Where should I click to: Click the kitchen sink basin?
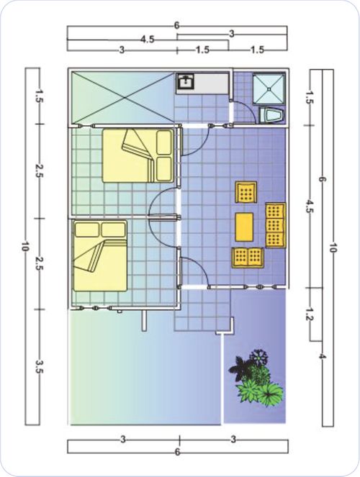tap(185, 81)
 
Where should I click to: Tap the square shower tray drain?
tap(269, 88)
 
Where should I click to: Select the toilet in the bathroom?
tap(271, 115)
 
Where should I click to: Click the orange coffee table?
tap(244, 227)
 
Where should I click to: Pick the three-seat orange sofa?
tap(276, 225)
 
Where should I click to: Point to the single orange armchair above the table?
tap(246, 192)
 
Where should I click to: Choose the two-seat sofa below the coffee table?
tap(248, 258)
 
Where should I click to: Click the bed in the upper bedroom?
tap(138, 155)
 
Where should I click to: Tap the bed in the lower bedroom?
tap(100, 255)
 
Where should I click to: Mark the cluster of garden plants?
tap(256, 378)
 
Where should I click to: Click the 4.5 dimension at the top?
tap(148, 40)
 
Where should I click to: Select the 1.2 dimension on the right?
tap(310, 314)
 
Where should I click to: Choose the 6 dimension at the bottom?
tap(177, 452)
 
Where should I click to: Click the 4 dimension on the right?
tap(322, 356)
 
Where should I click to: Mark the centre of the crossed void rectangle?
tap(125, 98)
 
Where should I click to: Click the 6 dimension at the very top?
tap(177, 26)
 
